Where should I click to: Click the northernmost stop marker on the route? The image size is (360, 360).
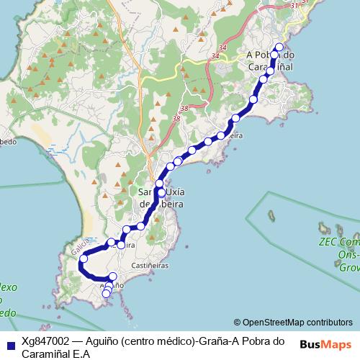(x=279, y=48)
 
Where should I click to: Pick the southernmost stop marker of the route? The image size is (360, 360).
(x=107, y=294)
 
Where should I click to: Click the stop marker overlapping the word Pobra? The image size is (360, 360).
(x=274, y=55)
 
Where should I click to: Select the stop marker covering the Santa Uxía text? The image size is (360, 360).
(x=161, y=193)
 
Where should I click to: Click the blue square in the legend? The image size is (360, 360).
(x=9, y=343)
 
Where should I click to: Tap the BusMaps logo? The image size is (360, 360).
(x=325, y=344)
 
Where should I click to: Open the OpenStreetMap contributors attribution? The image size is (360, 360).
(x=293, y=322)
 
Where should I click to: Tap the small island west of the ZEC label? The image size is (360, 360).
(x=272, y=214)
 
